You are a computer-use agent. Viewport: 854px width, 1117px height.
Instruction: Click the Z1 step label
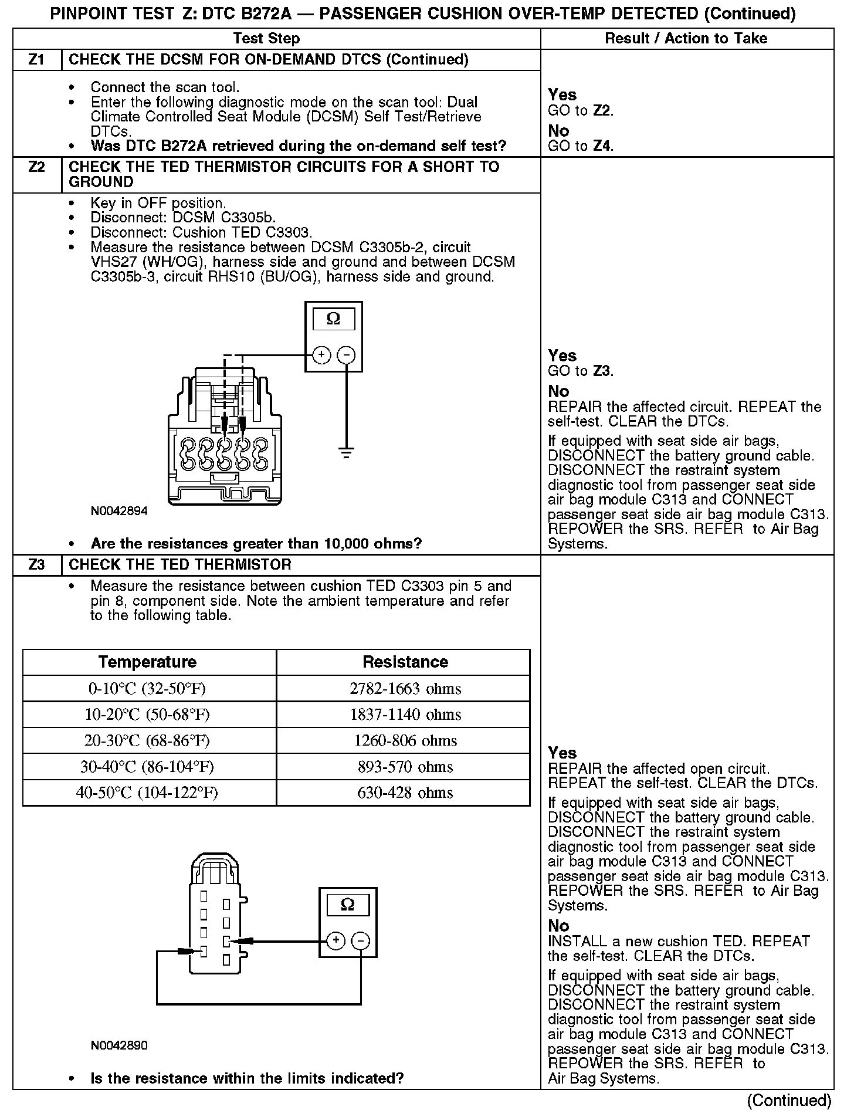pyautogui.click(x=36, y=60)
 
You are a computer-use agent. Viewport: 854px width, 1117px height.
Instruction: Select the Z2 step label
pyautogui.click(x=36, y=167)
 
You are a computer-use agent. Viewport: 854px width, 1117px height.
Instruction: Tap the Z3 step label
pyautogui.click(x=36, y=565)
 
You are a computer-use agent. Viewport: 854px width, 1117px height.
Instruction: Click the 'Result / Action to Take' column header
pyautogui.click(x=686, y=39)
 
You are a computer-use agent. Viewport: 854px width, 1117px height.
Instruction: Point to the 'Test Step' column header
pyautogui.click(x=266, y=39)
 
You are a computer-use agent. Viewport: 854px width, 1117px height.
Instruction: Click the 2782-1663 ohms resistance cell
pyautogui.click(x=405, y=689)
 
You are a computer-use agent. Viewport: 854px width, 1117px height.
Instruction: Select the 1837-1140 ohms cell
pyautogui.click(x=405, y=715)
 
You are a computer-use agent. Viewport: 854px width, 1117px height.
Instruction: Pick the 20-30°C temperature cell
pyautogui.click(x=147, y=740)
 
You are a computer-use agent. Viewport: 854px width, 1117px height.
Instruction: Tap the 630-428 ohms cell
pyautogui.click(x=405, y=793)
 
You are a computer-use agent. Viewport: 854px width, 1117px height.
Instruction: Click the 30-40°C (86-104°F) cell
pyautogui.click(x=147, y=767)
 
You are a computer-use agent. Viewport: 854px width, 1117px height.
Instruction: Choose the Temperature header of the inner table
pyautogui.click(x=147, y=662)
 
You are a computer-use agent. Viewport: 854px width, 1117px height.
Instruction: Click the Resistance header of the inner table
pyautogui.click(x=405, y=662)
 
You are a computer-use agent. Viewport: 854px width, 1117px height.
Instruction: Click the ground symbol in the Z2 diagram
pyautogui.click(x=347, y=452)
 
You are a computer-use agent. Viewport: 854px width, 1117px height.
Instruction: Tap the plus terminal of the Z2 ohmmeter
pyautogui.click(x=321, y=355)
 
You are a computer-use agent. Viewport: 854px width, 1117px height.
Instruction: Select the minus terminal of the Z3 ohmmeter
pyautogui.click(x=360, y=940)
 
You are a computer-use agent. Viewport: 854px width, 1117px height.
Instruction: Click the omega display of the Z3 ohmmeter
pyautogui.click(x=348, y=904)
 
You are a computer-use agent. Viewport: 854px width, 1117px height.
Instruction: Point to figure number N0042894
pyautogui.click(x=119, y=511)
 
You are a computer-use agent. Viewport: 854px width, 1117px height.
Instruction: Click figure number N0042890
pyautogui.click(x=119, y=1045)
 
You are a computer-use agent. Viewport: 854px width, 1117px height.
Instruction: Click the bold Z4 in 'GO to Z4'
pyautogui.click(x=602, y=146)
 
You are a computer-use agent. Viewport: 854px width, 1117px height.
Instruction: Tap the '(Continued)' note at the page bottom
pyautogui.click(x=789, y=1100)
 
